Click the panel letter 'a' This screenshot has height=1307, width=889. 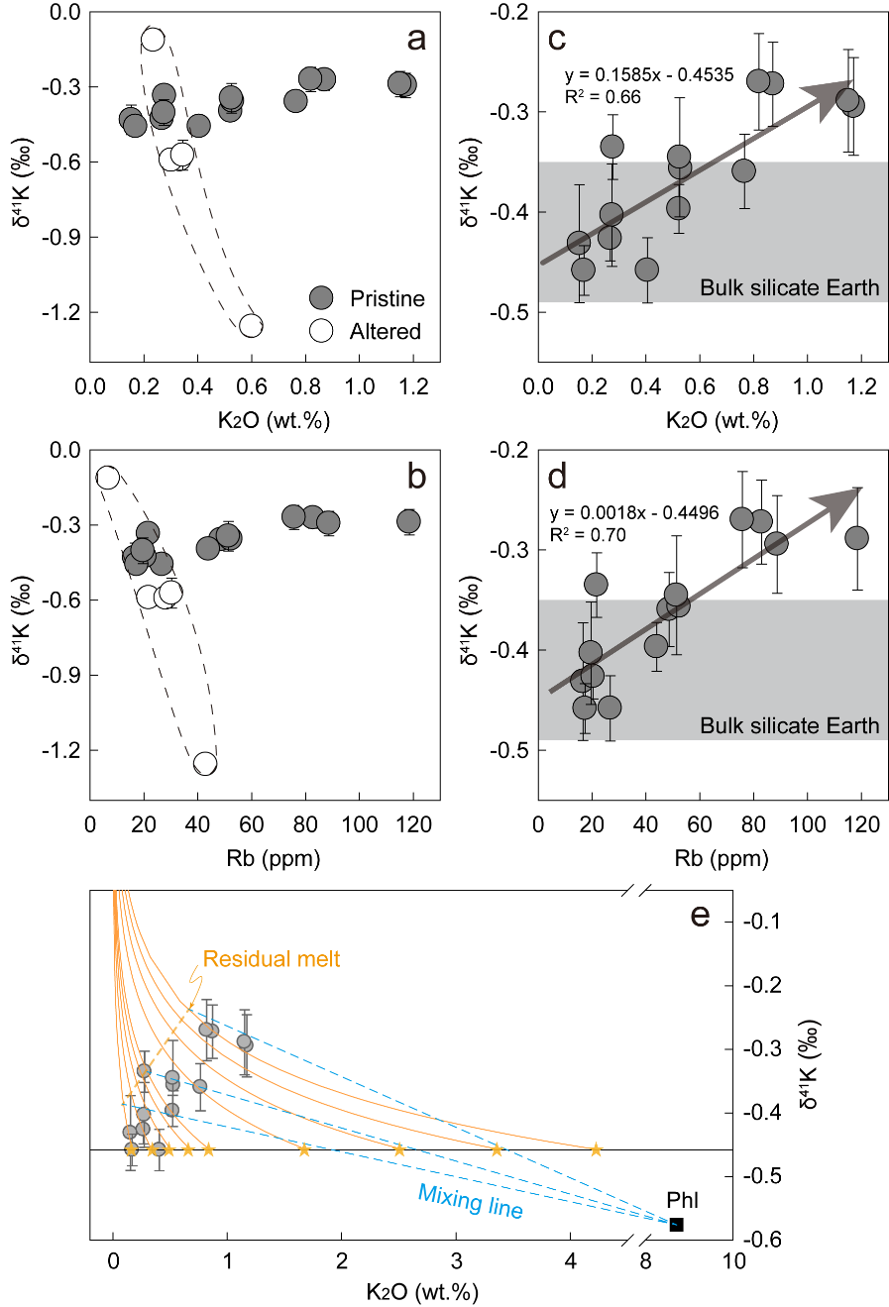click(417, 40)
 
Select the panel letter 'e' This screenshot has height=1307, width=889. click(700, 915)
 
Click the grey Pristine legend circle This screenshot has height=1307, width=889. click(321, 298)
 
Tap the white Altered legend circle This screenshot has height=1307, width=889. click(321, 331)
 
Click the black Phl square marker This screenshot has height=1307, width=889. click(676, 1225)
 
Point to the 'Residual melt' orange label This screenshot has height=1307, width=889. click(272, 958)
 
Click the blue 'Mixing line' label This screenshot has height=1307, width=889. click(470, 1200)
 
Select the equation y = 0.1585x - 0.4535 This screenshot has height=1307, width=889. click(649, 76)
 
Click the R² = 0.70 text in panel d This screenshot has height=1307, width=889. click(588, 535)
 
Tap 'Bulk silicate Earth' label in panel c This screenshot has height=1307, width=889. click(789, 288)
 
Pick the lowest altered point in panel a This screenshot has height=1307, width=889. click(251, 325)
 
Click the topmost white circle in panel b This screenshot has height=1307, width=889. click(107, 478)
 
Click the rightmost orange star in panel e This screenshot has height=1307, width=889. click(596, 1149)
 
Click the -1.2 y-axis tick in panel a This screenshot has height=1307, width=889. click(61, 312)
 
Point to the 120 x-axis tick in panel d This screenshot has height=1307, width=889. click(861, 824)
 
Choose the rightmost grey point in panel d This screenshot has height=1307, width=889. click(856, 538)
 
